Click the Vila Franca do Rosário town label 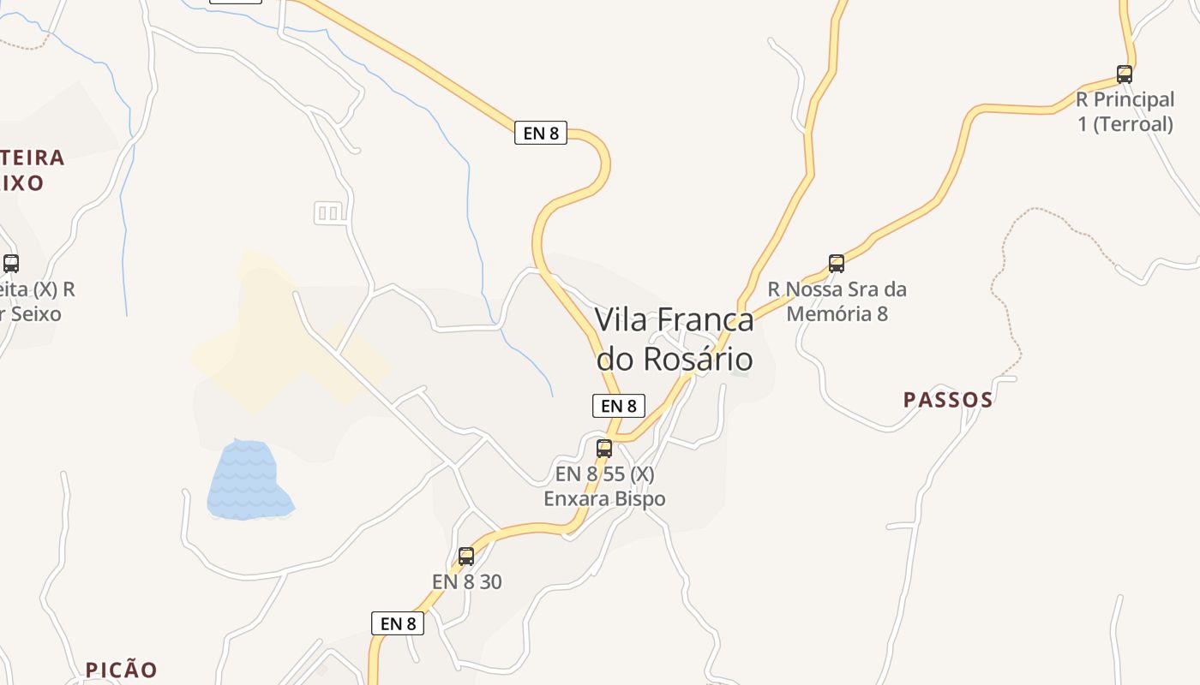coord(675,339)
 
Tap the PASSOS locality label coord(948,400)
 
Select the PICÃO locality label coord(121,670)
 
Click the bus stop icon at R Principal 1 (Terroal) coord(1125,74)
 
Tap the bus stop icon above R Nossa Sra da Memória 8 coord(837,264)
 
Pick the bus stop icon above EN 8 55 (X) coord(604,448)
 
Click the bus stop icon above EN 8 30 coord(466,556)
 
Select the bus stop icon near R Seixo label coord(11,264)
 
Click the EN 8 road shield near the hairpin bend coord(541,133)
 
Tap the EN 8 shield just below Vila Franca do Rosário coord(619,406)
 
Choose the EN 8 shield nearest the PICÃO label coord(398,623)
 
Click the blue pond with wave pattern coord(248,481)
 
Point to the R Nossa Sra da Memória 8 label coord(837,301)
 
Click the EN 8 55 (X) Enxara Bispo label coord(604,486)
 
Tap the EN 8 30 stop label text coord(467,581)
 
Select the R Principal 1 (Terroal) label coord(1125,112)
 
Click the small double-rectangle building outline coord(328,212)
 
